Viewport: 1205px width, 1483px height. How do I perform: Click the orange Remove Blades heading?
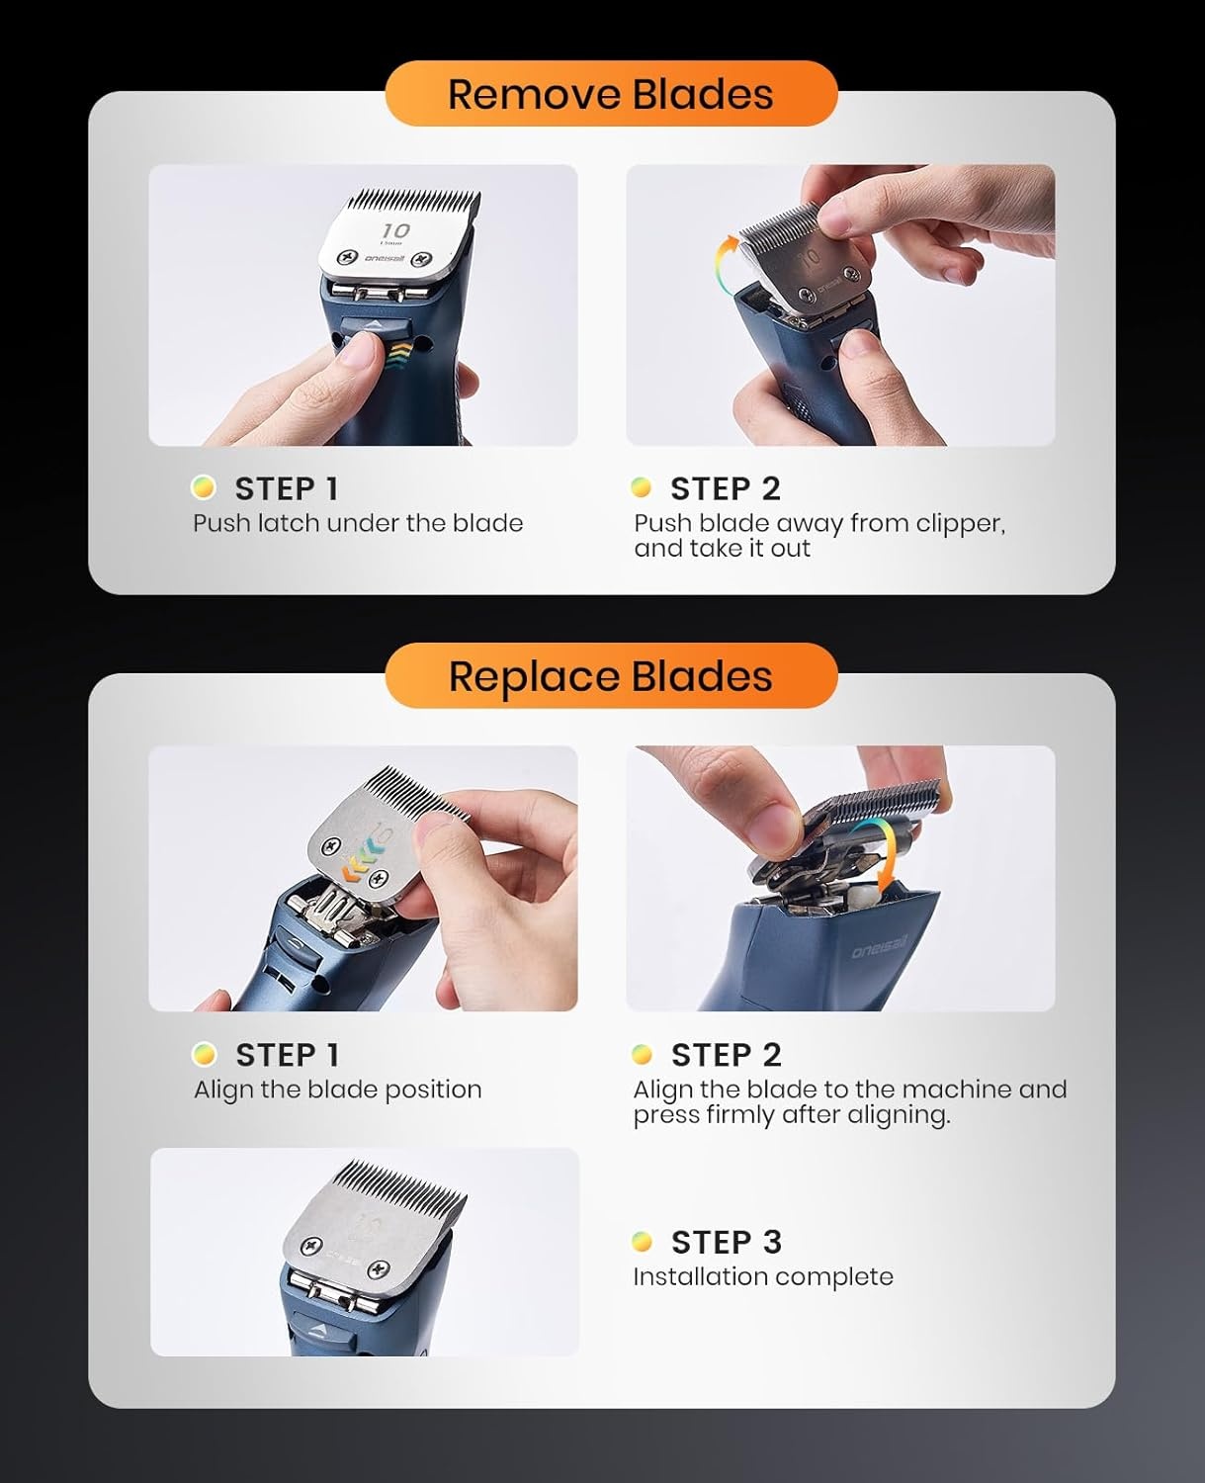(611, 94)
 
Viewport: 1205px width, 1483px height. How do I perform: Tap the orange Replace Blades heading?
(611, 676)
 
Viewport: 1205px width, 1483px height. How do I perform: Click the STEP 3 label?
(726, 1242)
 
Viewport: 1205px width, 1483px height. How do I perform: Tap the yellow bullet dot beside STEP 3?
(642, 1242)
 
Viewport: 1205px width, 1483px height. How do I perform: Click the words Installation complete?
(763, 1276)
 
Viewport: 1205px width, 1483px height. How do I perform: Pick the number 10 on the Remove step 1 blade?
(395, 229)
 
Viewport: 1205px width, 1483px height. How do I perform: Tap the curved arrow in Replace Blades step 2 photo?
(883, 855)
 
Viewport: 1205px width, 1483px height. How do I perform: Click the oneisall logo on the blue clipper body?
(879, 947)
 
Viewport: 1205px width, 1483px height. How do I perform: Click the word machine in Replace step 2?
(957, 1089)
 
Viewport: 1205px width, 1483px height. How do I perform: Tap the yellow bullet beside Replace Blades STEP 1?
(204, 1054)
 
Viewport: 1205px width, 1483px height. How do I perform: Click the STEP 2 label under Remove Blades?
(726, 488)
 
